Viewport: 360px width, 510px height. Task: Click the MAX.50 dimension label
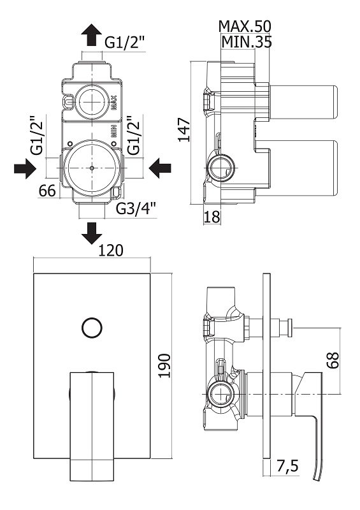pos(245,27)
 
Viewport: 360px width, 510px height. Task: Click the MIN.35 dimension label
pos(246,42)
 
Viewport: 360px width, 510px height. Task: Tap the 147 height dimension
pos(184,130)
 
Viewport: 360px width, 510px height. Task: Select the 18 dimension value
pos(212,217)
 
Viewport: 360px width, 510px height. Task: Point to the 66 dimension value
pos(47,191)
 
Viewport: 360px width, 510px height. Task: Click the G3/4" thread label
pos(136,209)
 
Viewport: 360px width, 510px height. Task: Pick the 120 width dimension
pos(111,250)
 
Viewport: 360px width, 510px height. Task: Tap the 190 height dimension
pos(164,365)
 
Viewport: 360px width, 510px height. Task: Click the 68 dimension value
pos(333,360)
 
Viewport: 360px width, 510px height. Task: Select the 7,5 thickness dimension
pos(287,466)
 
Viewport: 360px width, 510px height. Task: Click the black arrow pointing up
pos(91,34)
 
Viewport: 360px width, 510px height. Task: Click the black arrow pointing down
pos(91,233)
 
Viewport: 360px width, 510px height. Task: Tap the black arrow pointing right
pos(25,168)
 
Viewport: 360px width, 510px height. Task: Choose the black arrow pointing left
pos(160,168)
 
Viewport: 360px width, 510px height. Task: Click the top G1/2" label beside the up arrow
pos(124,43)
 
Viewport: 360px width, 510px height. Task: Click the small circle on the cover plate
pos(92,328)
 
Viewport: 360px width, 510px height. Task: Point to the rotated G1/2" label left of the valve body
pos(37,135)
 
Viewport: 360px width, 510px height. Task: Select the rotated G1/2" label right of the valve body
pos(133,135)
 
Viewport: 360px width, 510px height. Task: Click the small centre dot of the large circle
pos(92,168)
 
